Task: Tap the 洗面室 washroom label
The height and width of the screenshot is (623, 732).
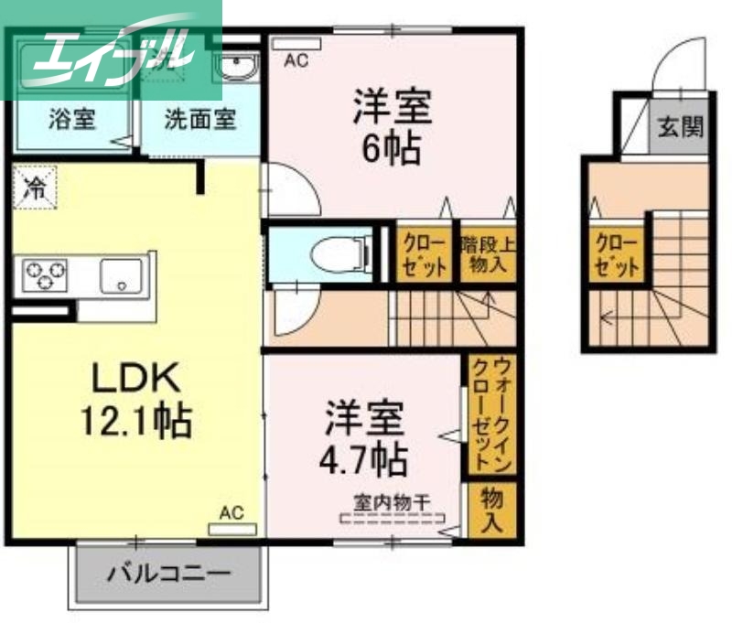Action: pos(200,118)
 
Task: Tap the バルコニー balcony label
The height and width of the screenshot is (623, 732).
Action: pos(170,575)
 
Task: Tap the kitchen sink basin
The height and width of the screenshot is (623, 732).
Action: pos(120,274)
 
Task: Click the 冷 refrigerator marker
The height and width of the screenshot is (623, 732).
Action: pos(35,188)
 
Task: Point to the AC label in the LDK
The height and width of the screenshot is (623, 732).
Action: pos(231,513)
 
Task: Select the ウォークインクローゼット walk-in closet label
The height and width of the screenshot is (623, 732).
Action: pos(490,415)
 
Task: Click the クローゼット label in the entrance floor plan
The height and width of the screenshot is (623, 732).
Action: pos(616,253)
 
